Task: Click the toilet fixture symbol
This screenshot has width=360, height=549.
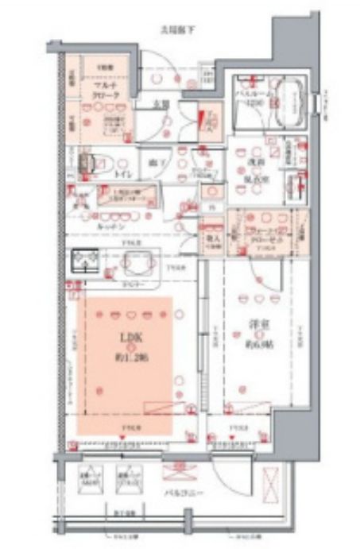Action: [87, 162]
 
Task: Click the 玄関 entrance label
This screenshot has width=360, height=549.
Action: [161, 103]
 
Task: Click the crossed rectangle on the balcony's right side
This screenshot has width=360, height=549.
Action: [272, 481]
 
